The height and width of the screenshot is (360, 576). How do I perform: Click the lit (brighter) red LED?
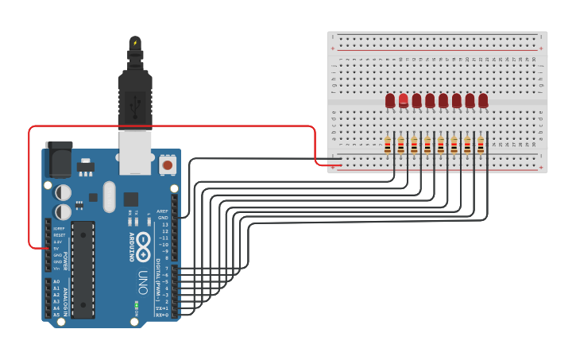pyautogui.click(x=404, y=100)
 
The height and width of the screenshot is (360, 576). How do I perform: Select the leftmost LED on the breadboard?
pyautogui.click(x=390, y=100)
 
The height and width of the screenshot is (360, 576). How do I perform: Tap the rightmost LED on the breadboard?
pyautogui.click(x=483, y=100)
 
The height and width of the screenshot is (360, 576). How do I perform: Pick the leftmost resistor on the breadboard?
pyautogui.click(x=388, y=145)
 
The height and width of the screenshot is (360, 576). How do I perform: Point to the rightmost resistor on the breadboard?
pyautogui.click(x=481, y=145)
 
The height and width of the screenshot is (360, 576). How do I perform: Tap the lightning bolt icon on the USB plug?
pyautogui.click(x=135, y=43)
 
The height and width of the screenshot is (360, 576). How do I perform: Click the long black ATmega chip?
pyautogui.click(x=83, y=269)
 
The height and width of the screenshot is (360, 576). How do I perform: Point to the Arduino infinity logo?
pyautogui.click(x=143, y=246)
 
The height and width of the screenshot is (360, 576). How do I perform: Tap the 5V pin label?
pyautogui.click(x=56, y=249)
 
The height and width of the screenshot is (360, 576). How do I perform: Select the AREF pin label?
pyautogui.click(x=163, y=211)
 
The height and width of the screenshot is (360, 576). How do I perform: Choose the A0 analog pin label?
pyautogui.click(x=56, y=282)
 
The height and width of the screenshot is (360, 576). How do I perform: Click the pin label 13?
pyautogui.click(x=164, y=225)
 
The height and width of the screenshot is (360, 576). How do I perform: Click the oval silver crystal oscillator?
pyautogui.click(x=109, y=197)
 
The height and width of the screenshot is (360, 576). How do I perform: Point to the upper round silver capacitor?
pyautogui.click(x=63, y=192)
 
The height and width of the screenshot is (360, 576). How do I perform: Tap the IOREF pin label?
pyautogui.click(x=58, y=230)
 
